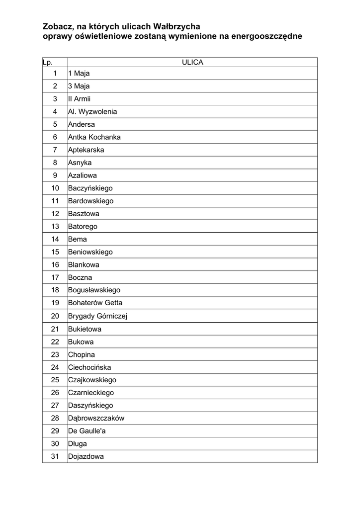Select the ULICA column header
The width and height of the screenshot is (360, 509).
pyautogui.click(x=192, y=62)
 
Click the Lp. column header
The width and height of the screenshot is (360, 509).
pyautogui.click(x=48, y=63)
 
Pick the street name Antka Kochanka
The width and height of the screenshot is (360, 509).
pyautogui.click(x=94, y=137)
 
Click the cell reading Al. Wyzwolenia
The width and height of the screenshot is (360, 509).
pyautogui.click(x=92, y=112)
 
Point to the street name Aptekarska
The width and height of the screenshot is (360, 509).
pyautogui.click(x=86, y=150)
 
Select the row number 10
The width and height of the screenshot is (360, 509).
pyautogui.click(x=55, y=188)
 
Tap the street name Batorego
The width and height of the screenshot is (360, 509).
pyautogui.click(x=83, y=227)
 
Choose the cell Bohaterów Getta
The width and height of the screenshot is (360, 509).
pyautogui.click(x=95, y=303)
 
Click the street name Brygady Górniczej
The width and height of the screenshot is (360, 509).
pyautogui.click(x=97, y=316)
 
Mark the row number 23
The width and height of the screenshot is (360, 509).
pyautogui.click(x=55, y=355)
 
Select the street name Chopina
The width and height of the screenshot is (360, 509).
pyautogui.click(x=82, y=355)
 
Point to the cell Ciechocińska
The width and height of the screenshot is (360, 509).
pyautogui.click(x=90, y=367)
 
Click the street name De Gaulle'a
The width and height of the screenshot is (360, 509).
pyautogui.click(x=87, y=431)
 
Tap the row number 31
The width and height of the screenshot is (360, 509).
pyautogui.click(x=55, y=456)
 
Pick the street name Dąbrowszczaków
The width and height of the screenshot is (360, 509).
pyautogui.click(x=96, y=418)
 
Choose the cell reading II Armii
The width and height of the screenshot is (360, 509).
pyautogui.click(x=80, y=99)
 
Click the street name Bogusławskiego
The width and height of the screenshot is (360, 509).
pyautogui.click(x=94, y=290)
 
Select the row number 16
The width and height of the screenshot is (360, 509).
pyautogui.click(x=55, y=265)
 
